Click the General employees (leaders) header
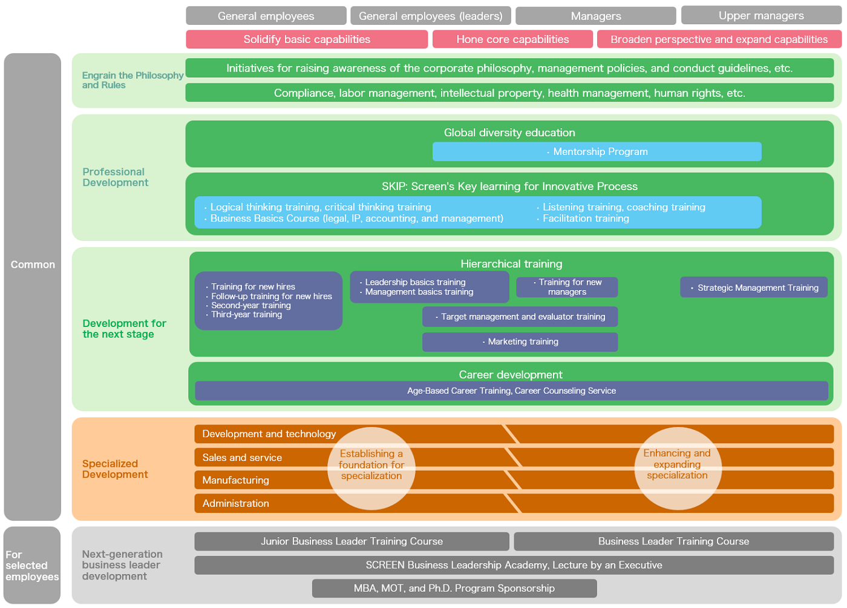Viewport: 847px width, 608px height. [431, 16]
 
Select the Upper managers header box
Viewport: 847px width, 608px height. [761, 16]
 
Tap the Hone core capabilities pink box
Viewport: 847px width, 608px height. [512, 39]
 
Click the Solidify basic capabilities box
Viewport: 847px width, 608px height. [307, 39]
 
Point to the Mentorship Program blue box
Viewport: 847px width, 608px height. [597, 151]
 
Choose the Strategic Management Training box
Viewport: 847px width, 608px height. [754, 287]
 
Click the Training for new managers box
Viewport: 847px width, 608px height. [567, 287]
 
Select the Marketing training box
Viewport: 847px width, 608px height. [520, 342]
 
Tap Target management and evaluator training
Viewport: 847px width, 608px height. [520, 317]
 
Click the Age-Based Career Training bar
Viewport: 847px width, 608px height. [511, 391]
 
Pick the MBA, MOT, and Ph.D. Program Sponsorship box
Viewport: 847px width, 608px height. [454, 588]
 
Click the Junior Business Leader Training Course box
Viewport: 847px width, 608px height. [352, 541]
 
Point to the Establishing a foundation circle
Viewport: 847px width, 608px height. [371, 468]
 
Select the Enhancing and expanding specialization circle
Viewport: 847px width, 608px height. [678, 468]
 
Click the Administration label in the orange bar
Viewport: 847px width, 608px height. [235, 503]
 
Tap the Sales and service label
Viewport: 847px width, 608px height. [242, 457]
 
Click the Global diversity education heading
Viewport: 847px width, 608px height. [509, 133]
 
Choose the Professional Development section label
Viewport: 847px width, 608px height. [116, 177]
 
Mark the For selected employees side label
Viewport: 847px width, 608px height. [32, 565]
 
